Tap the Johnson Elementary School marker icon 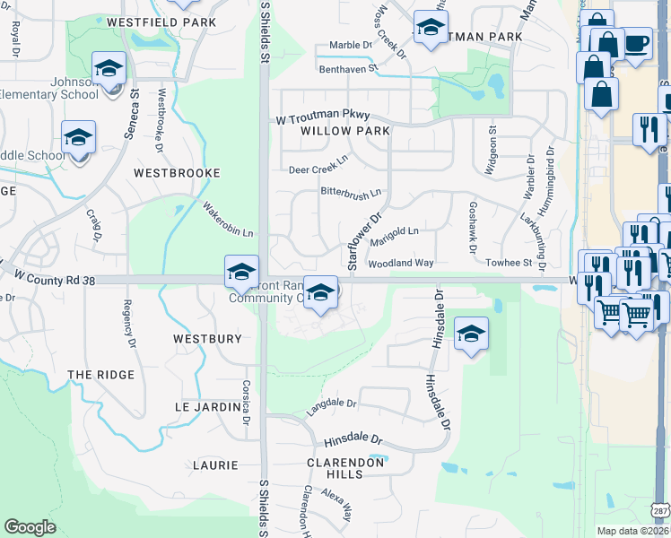click(109, 68)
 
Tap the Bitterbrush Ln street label click(351, 191)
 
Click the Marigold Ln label click(395, 233)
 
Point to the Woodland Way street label click(400, 264)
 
